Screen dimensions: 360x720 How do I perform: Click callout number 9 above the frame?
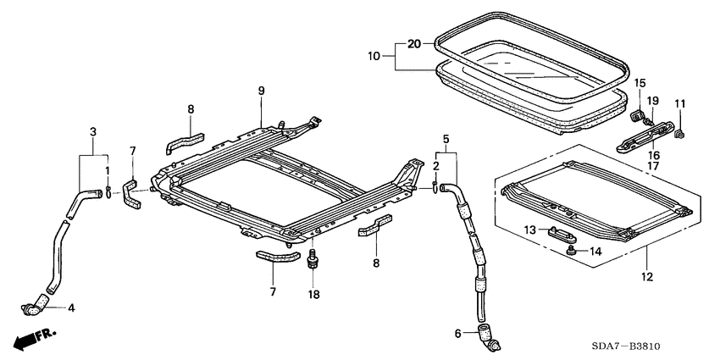coord(262,91)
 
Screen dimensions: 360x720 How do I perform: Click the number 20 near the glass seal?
coord(413,43)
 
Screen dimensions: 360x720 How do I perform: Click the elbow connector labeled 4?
coord(39,303)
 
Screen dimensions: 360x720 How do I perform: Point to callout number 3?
coord(93,132)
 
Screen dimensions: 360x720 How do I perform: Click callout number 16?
coord(653,156)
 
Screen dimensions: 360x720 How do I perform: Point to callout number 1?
coord(108,171)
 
